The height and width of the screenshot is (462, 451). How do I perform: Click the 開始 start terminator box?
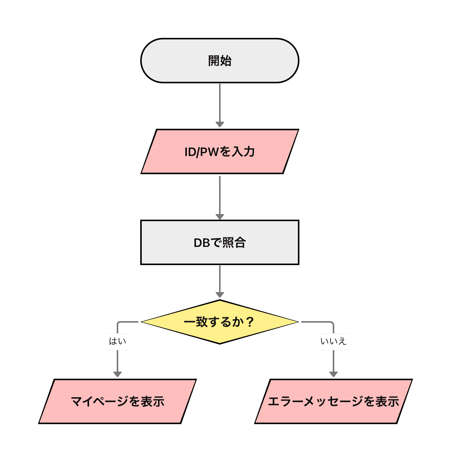tap(219, 61)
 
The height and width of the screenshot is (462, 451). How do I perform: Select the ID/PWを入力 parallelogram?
tap(219, 151)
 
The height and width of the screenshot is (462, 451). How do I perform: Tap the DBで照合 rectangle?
tap(219, 242)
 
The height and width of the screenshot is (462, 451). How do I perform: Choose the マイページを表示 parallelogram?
tap(117, 401)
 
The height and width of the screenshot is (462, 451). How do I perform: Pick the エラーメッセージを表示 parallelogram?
tap(333, 401)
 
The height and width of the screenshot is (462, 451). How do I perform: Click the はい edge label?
tap(117, 342)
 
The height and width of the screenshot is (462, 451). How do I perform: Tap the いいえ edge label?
tap(333, 342)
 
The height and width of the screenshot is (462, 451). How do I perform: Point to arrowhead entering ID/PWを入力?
tap(219, 125)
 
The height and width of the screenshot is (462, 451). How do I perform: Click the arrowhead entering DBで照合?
tap(219, 217)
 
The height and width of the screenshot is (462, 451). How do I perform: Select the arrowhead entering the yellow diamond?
tap(219, 295)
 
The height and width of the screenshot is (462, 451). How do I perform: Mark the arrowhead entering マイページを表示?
tap(117, 374)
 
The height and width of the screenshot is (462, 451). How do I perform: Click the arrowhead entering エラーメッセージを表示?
tap(333, 374)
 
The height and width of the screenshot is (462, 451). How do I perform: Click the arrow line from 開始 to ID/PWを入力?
tap(219, 102)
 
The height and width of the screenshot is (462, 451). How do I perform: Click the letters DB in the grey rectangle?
tap(202, 243)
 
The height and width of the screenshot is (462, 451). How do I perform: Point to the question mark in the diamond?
tap(249, 322)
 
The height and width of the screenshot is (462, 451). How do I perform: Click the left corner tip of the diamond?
tap(142, 322)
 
